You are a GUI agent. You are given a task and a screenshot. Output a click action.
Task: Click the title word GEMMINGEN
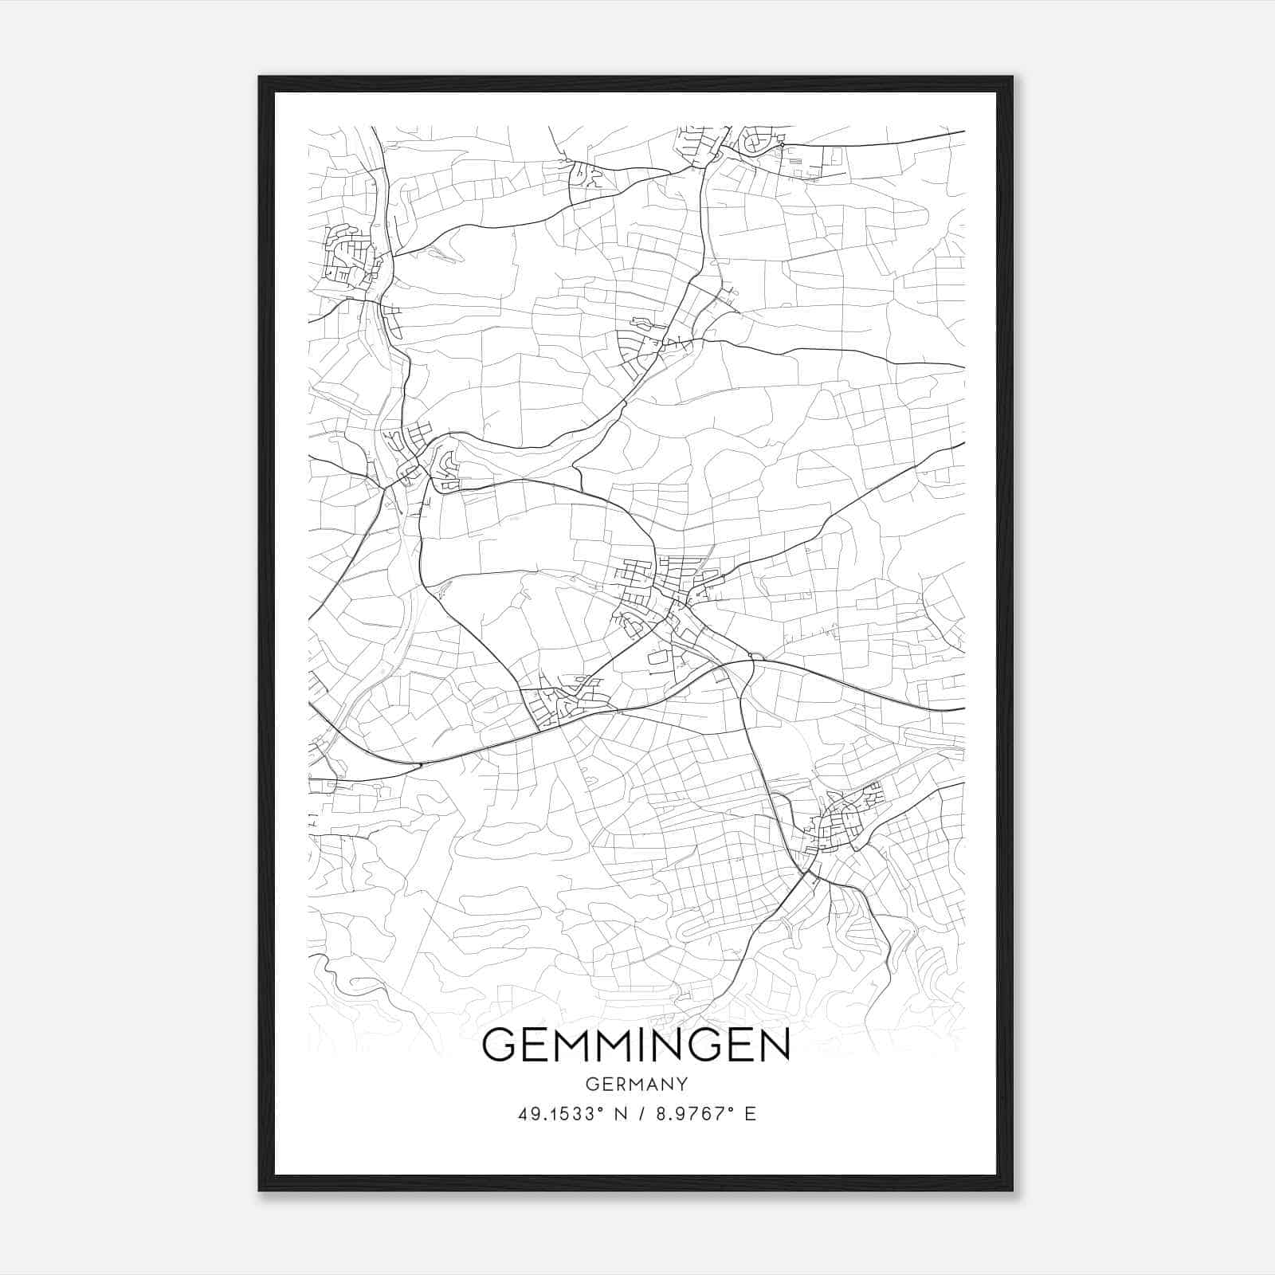point(636,1045)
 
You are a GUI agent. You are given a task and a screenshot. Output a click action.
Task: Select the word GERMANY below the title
point(636,1084)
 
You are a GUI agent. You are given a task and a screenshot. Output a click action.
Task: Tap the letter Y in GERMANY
point(681,1084)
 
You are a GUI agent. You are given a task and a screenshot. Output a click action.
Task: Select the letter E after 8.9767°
point(750,1114)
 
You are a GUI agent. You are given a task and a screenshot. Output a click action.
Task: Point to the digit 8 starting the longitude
point(661,1114)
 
